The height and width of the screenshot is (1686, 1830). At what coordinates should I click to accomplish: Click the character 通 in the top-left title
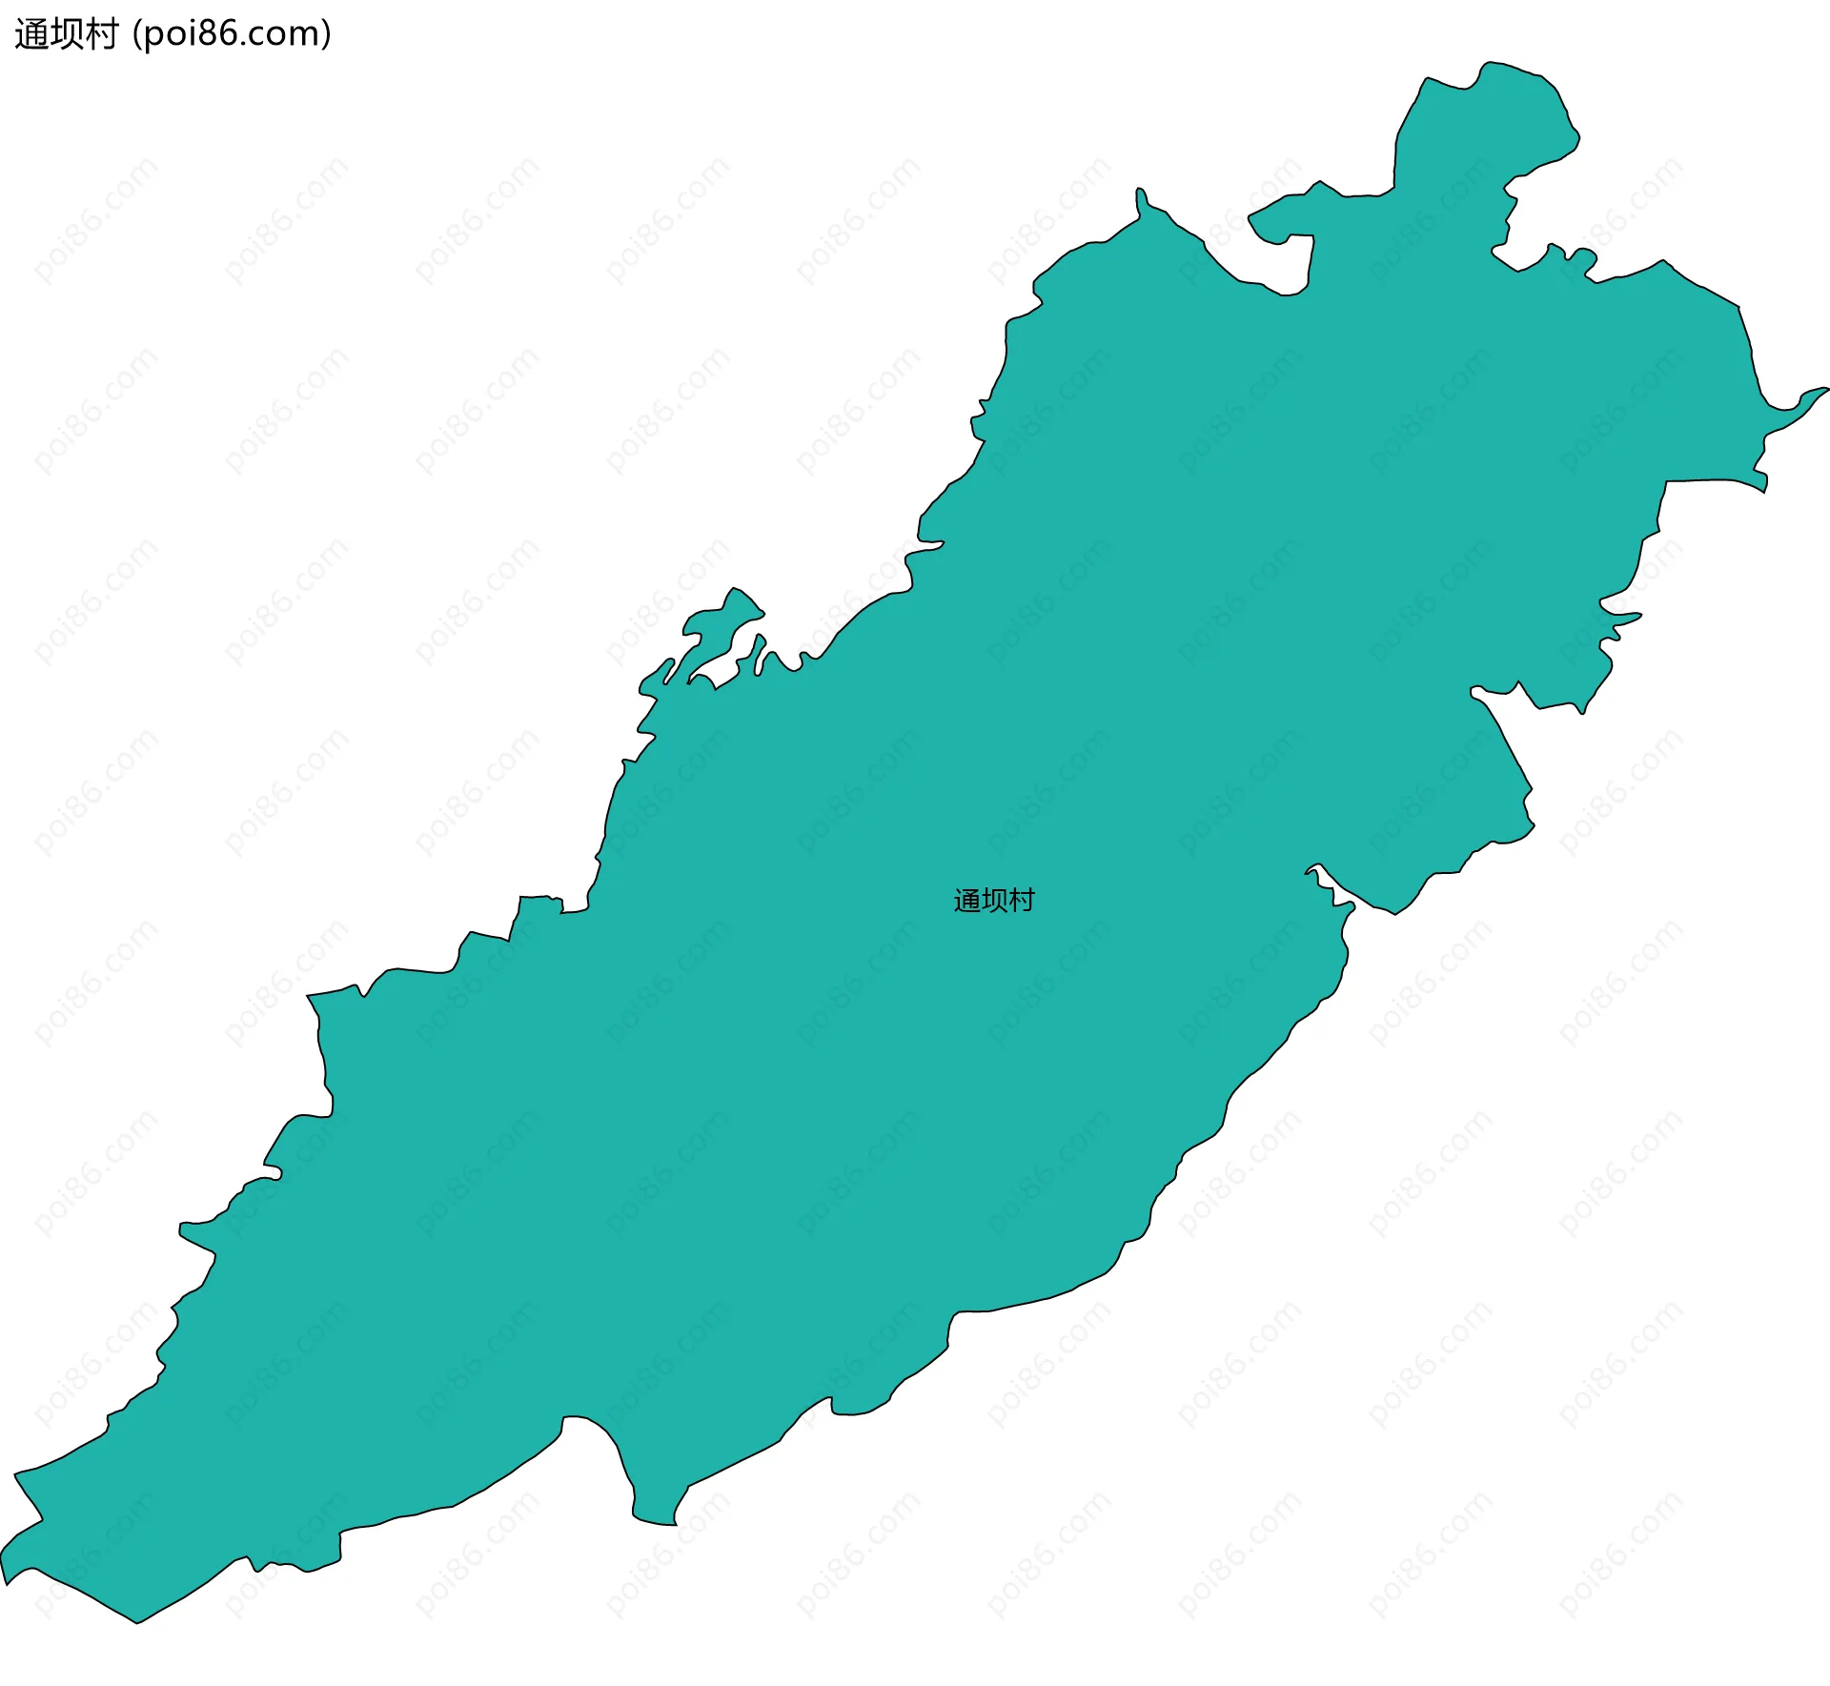pos(31,34)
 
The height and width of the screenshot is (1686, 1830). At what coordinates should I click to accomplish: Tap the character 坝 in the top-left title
pos(66,34)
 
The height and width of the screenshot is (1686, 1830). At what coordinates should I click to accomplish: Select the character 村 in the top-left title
pos(100,34)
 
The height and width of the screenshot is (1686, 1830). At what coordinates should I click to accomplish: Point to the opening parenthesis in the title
pos(137,35)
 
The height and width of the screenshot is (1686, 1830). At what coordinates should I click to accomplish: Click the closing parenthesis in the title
pos(327,35)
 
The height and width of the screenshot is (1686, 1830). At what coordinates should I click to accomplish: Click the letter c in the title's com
pos(258,36)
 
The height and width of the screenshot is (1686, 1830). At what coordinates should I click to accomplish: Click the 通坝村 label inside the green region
pos(994,901)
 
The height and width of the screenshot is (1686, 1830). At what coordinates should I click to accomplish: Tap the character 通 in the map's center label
pos(967,901)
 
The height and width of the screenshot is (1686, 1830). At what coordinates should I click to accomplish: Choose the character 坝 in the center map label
pos(994,901)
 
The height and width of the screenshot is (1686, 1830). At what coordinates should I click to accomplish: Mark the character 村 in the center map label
pos(1022,901)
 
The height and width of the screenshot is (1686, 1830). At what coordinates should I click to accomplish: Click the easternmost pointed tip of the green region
pos(1824,389)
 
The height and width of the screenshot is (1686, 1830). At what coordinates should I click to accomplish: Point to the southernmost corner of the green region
pos(138,1621)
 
